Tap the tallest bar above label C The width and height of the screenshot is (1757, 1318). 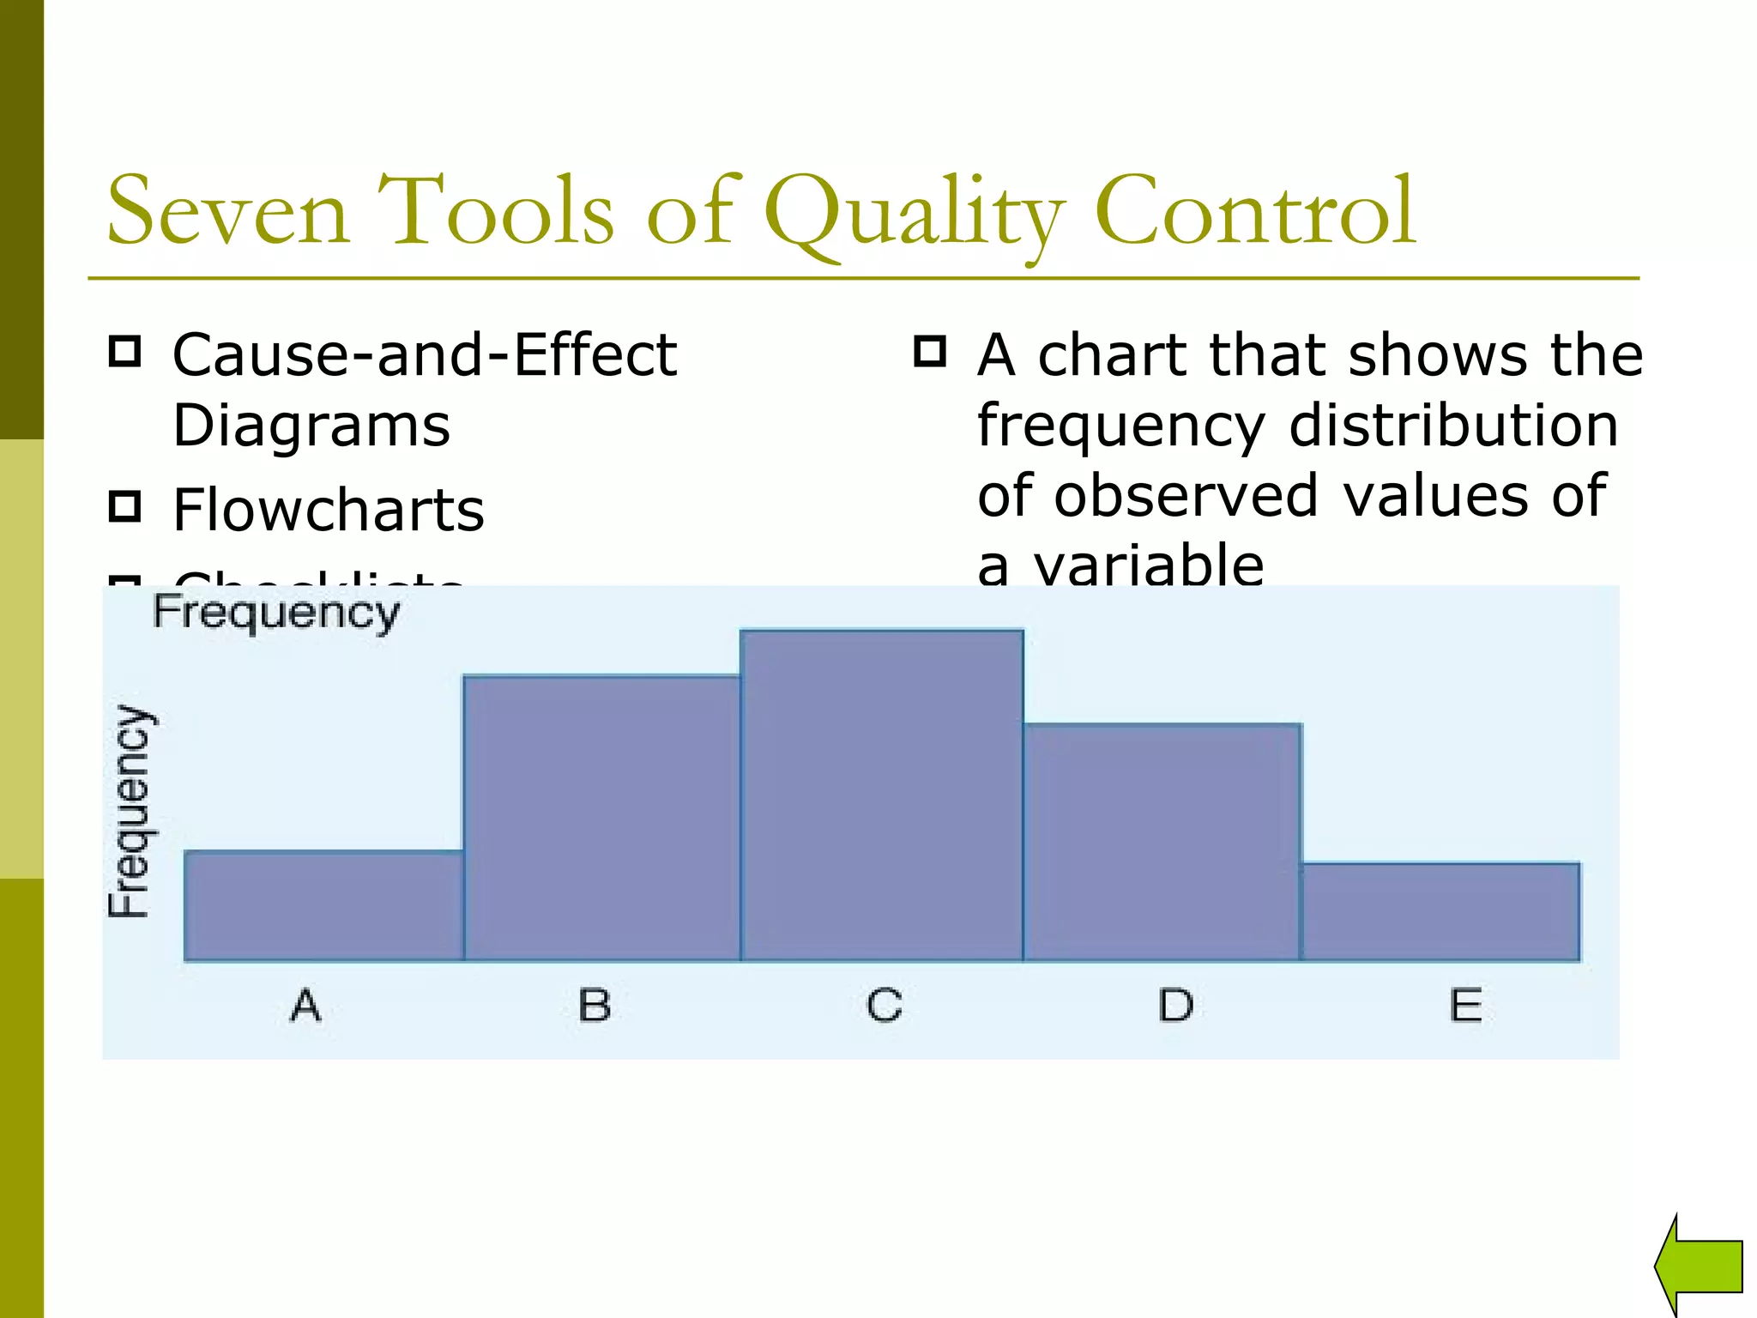tap(882, 795)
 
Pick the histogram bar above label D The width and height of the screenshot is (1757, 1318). tap(1162, 842)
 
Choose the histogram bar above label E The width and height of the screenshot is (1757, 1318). tap(1440, 911)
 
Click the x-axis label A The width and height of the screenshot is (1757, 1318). tap(305, 1005)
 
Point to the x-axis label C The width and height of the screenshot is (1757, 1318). tap(884, 1005)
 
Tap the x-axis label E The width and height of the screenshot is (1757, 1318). tap(1465, 1005)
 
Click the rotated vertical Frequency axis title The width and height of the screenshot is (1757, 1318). tap(130, 812)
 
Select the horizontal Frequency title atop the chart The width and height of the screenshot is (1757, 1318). tap(276, 614)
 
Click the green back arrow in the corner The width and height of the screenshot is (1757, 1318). tap(1700, 1265)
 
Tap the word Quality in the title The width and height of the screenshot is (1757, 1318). tap(914, 215)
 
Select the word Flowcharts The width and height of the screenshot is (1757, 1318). tap(329, 510)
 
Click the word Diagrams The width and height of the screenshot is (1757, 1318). tap(311, 426)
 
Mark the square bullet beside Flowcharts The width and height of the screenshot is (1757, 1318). tap(125, 506)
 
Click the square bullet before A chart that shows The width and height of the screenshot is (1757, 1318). tap(930, 351)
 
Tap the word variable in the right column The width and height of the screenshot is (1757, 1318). tap(1149, 566)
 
